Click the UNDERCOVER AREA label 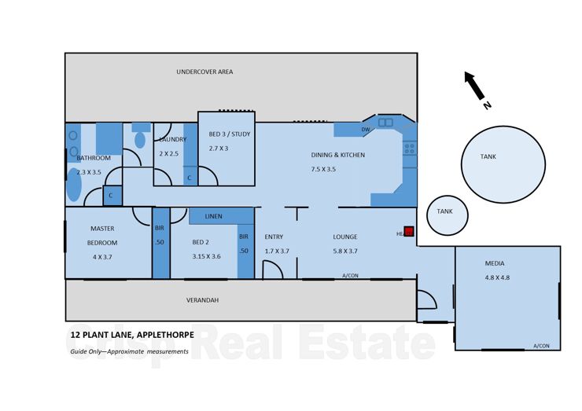point(204,72)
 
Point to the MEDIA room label point(495,263)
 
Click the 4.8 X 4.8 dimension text point(497,277)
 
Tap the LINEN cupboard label point(214,216)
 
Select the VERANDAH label point(202,300)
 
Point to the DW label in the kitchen point(365,130)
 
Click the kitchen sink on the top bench point(385,123)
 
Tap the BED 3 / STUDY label point(230,134)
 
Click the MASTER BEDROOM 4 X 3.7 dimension point(102,256)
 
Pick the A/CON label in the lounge point(350,276)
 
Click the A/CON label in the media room point(540,346)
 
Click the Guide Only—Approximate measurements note point(129,351)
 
